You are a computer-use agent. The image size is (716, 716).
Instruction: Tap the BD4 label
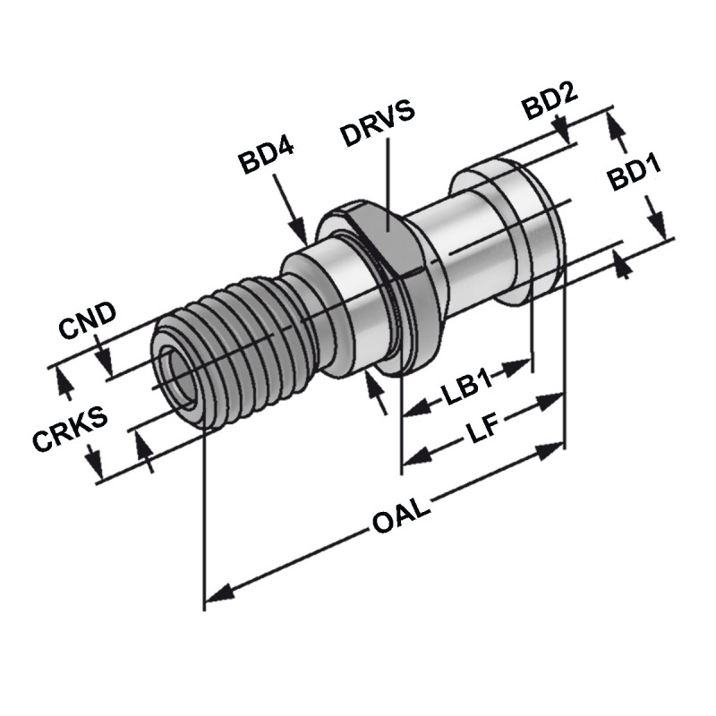(x=266, y=161)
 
